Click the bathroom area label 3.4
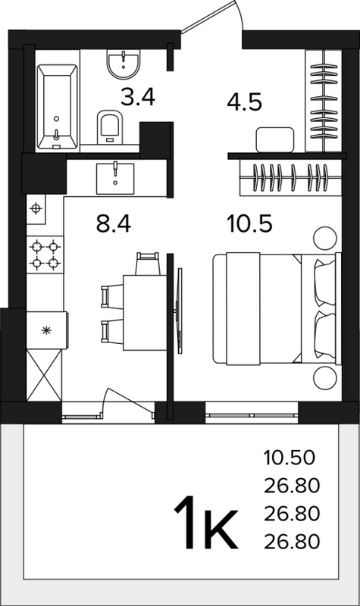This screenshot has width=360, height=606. (x=138, y=97)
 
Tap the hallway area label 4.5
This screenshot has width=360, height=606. (x=244, y=102)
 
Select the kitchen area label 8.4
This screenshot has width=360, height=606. (x=114, y=224)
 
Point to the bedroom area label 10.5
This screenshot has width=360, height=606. (x=251, y=224)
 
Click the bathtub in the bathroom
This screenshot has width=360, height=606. (x=58, y=107)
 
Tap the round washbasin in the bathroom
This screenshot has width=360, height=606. (x=124, y=64)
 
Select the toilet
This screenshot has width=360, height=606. (x=110, y=127)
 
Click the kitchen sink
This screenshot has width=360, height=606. (x=115, y=179)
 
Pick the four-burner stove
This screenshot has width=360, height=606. (x=45, y=255)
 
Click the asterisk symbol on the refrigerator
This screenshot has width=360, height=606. (x=46, y=330)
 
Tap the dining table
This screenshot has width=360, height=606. (x=145, y=313)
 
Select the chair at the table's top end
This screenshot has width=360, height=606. (x=148, y=264)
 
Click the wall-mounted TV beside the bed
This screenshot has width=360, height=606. (x=179, y=311)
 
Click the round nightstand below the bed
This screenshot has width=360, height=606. (x=325, y=378)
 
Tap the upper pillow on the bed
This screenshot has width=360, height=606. (x=325, y=282)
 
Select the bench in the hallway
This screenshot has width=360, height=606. (x=275, y=139)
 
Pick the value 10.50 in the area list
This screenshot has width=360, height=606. (x=290, y=458)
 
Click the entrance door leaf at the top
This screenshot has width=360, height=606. (x=208, y=17)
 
